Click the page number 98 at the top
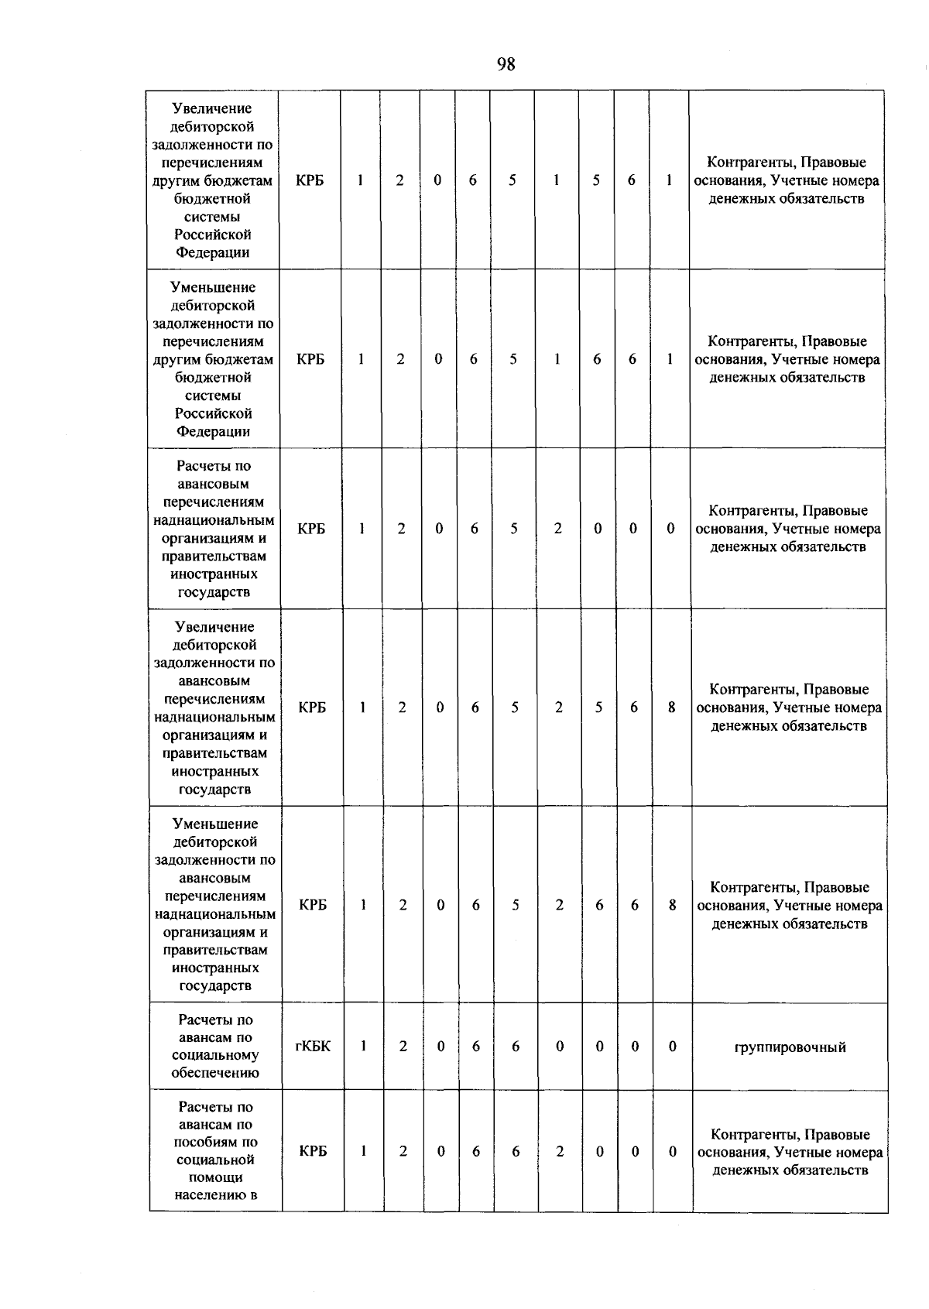pos(506,64)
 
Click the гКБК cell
pos(313,1047)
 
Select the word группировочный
pos(790,1047)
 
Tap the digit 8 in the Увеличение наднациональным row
pos(672,708)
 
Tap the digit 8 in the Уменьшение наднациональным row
pos(673,905)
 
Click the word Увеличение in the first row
pos(212,109)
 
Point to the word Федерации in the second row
pos(213,432)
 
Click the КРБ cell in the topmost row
pos(310,180)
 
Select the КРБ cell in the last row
pos(313,1151)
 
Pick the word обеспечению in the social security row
pos(215,1073)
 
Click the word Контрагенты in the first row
pos(749,163)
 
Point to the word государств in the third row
pos(214,593)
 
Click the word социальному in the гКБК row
pos(215,1055)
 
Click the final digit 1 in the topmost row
pos(669,180)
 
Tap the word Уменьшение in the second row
pos(213,288)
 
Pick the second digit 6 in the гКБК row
pos(516,1047)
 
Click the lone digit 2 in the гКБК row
pos(403,1047)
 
